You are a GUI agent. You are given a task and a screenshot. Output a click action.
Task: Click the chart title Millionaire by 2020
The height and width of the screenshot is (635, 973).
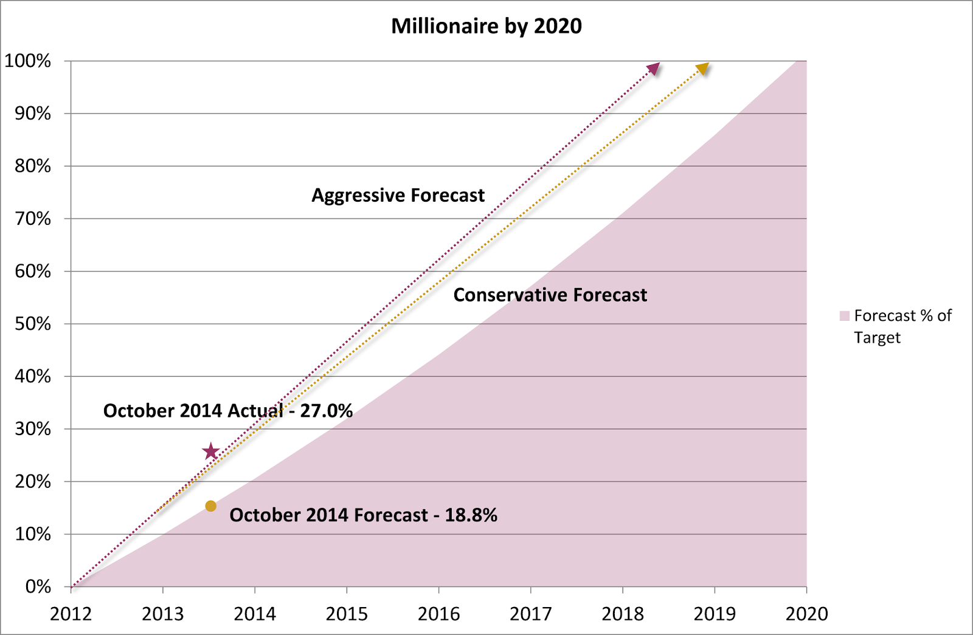click(x=486, y=27)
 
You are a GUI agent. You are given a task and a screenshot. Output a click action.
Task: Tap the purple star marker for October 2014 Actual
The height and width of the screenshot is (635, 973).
click(x=210, y=451)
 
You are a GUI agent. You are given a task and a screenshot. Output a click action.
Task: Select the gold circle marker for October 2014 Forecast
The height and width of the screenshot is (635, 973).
click(x=210, y=506)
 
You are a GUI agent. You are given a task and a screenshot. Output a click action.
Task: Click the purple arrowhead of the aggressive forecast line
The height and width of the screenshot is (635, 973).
click(x=654, y=68)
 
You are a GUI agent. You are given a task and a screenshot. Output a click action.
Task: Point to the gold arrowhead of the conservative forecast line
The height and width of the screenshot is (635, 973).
click(x=703, y=68)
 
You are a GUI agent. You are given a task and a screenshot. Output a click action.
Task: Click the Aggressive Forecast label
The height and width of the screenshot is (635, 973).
click(x=398, y=196)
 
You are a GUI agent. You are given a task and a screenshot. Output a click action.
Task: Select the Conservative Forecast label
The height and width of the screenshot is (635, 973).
click(x=550, y=295)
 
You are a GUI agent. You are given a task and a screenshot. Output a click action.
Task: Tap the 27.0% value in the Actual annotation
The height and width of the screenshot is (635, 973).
click(x=326, y=411)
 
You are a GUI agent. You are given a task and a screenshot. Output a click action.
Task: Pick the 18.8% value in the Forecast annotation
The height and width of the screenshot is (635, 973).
click(x=471, y=515)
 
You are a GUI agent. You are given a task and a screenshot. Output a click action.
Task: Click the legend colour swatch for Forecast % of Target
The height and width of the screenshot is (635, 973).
click(x=845, y=316)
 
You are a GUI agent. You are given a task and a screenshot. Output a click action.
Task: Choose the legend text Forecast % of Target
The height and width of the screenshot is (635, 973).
click(x=902, y=326)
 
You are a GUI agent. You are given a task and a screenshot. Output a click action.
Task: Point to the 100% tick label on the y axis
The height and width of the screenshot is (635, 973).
click(x=27, y=61)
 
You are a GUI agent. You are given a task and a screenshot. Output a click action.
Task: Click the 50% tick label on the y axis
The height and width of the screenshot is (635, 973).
click(x=33, y=324)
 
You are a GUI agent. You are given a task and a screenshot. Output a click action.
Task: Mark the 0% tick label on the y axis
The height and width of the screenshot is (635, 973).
click(x=38, y=587)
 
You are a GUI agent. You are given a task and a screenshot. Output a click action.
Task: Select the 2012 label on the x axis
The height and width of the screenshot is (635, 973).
click(x=71, y=614)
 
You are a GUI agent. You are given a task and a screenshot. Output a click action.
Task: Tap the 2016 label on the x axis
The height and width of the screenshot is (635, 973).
click(x=438, y=614)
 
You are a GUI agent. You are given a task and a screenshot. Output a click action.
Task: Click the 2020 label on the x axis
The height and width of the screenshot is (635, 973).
click(x=806, y=614)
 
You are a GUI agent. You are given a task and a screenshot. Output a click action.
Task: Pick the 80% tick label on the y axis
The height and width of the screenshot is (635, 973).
click(x=33, y=166)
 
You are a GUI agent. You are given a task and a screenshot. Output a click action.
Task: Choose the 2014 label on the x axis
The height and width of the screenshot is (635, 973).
click(x=255, y=614)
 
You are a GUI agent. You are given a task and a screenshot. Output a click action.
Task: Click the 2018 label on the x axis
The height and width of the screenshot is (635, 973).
click(x=623, y=614)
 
